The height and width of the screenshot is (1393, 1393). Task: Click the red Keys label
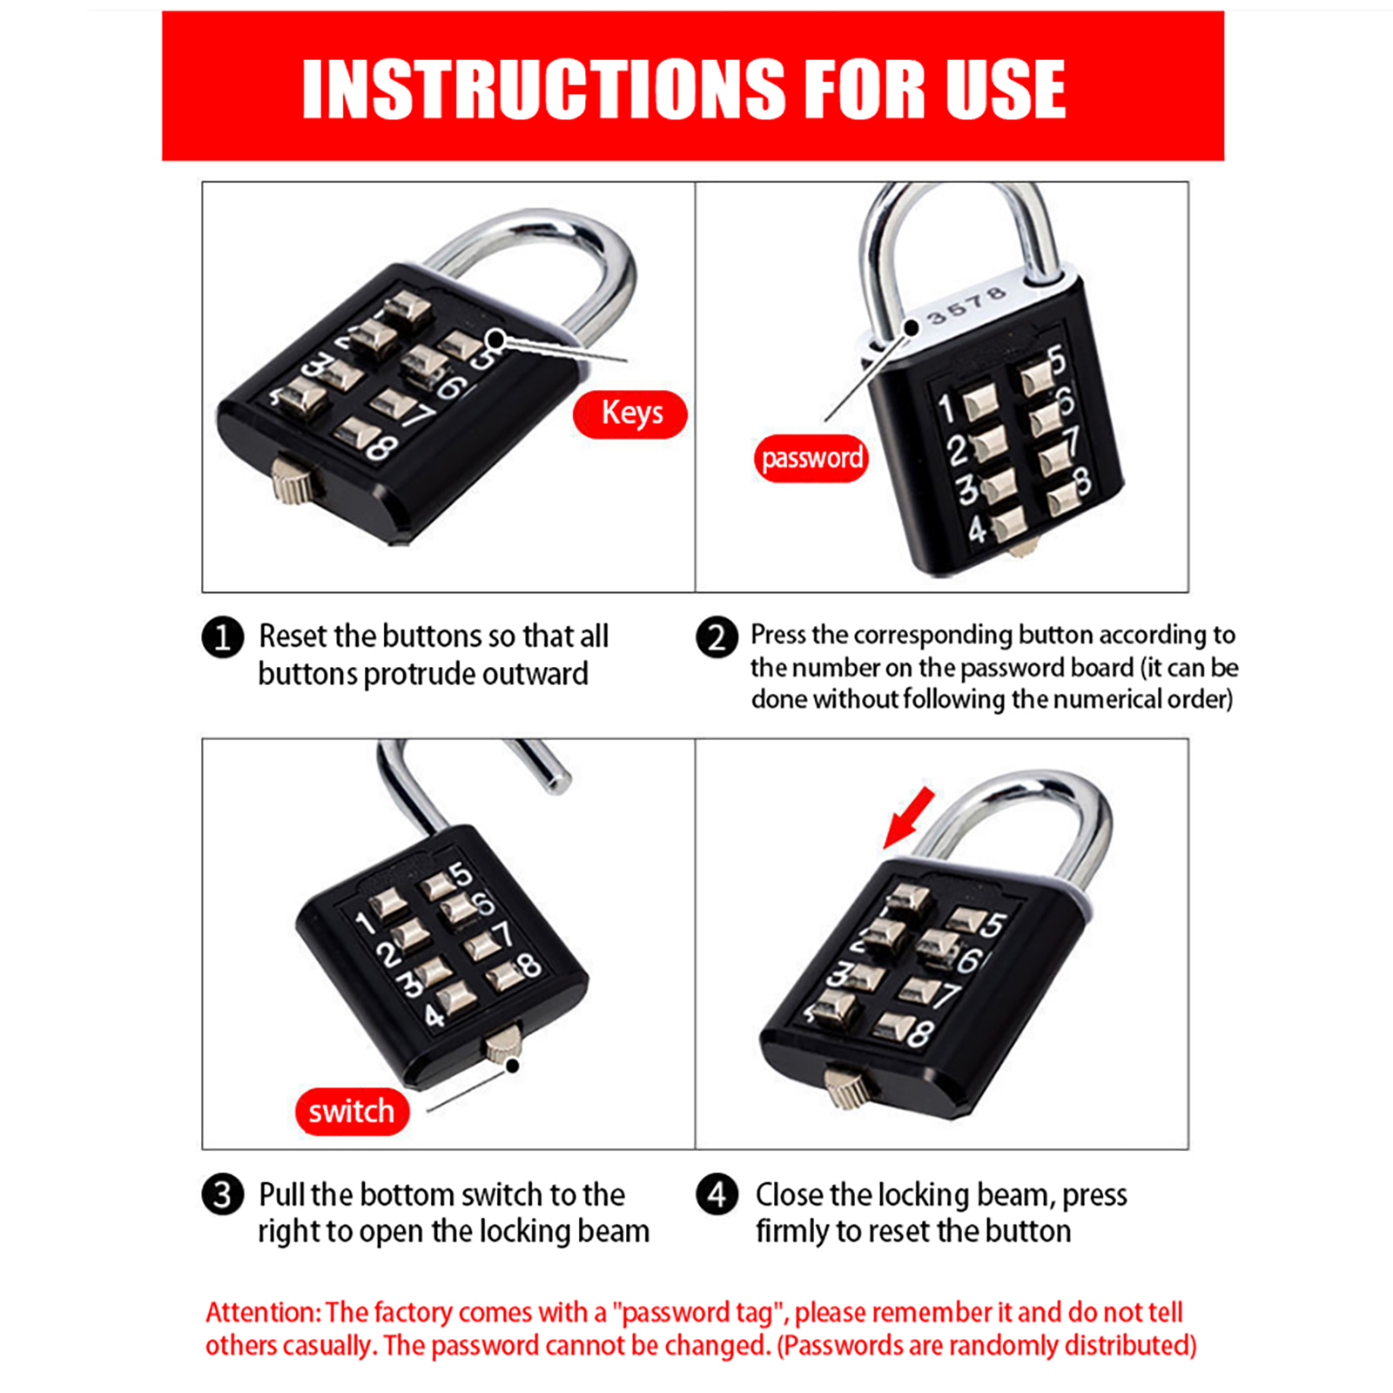tap(629, 414)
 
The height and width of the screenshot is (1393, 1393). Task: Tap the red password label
tap(811, 458)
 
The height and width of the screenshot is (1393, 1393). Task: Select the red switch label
tap(352, 1112)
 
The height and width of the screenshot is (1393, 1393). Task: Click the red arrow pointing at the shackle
tap(908, 818)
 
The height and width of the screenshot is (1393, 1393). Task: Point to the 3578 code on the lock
tap(966, 306)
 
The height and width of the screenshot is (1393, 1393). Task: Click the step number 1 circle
tap(223, 636)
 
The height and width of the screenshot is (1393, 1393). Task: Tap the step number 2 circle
tap(717, 636)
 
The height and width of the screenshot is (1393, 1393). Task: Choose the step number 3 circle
tap(223, 1194)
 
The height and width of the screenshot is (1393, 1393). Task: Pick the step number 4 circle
tap(717, 1194)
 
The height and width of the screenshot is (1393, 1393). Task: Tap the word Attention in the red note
tap(262, 1312)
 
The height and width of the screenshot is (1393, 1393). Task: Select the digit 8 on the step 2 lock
tap(1080, 480)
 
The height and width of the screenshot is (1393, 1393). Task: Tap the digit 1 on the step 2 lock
tap(945, 408)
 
